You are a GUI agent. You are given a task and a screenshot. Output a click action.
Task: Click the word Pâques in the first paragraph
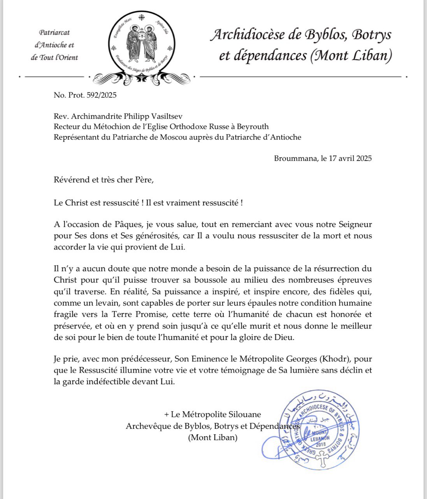point(128,225)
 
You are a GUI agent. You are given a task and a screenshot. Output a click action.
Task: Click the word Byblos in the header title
point(325,35)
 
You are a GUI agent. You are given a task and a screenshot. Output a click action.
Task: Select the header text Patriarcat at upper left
point(54,33)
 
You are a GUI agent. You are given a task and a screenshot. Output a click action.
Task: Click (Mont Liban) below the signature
point(213,437)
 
